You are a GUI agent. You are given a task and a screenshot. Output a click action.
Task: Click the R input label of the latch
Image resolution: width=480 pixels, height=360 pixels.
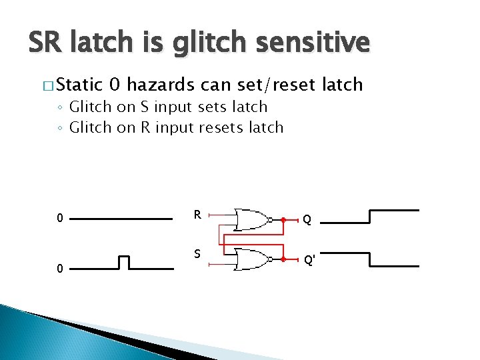click(197, 215)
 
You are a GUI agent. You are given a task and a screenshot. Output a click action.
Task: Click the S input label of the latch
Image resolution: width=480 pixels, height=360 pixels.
click(197, 254)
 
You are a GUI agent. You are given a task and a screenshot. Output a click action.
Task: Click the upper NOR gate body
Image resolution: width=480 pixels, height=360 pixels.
click(249, 219)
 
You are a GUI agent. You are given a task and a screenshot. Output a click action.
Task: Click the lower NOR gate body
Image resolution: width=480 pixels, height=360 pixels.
click(249, 259)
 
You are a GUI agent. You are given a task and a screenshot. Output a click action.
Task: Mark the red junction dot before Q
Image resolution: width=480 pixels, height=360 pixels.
click(283, 219)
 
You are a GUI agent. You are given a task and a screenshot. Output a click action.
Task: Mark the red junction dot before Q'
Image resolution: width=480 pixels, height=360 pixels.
click(283, 259)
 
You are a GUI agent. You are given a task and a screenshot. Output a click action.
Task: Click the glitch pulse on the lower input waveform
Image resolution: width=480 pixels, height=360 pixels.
click(123, 262)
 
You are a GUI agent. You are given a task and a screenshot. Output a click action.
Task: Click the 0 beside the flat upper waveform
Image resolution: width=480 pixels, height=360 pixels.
click(60, 218)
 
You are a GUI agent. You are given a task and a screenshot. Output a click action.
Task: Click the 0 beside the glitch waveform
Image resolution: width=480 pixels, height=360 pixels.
click(60, 269)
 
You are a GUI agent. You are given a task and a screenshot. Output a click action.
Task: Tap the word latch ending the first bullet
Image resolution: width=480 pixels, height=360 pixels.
click(342, 85)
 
